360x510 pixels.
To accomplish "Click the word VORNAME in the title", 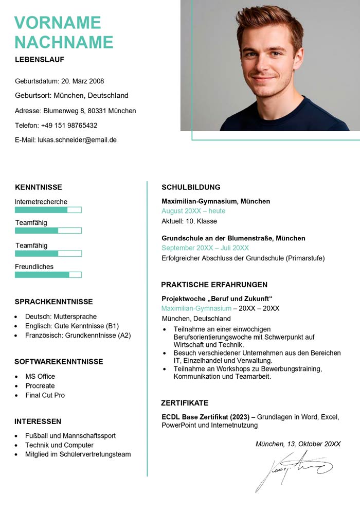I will pyautogui.click(x=58, y=23).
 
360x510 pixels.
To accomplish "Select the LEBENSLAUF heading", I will pyautogui.click(x=40, y=60).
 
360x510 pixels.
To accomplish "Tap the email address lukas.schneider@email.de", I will pyautogui.click(x=77, y=139).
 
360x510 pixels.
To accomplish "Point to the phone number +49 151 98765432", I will pyautogui.click(x=69, y=125).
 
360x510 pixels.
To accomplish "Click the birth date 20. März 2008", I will pyautogui.click(x=82, y=81).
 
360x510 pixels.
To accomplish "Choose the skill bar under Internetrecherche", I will pyautogui.click(x=48, y=210).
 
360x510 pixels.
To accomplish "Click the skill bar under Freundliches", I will pyautogui.click(x=48, y=275).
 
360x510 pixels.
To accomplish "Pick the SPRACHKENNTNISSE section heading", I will pyautogui.click(x=53, y=302).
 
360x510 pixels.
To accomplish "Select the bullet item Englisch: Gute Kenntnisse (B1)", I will pyautogui.click(x=72, y=326).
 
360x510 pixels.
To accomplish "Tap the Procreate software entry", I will pyautogui.click(x=40, y=385).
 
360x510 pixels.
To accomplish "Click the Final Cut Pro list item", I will pyautogui.click(x=45, y=395).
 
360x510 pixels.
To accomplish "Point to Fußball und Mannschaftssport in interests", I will pyautogui.click(x=70, y=435).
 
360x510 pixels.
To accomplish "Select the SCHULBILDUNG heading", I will pyautogui.click(x=191, y=187).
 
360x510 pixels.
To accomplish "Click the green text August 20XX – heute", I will pyautogui.click(x=193, y=211).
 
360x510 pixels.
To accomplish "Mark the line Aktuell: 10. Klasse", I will pyautogui.click(x=189, y=221).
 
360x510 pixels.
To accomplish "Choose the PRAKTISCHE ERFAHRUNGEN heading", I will pyautogui.click(x=214, y=285).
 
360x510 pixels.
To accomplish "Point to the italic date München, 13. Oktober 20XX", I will pyautogui.click(x=298, y=444).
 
